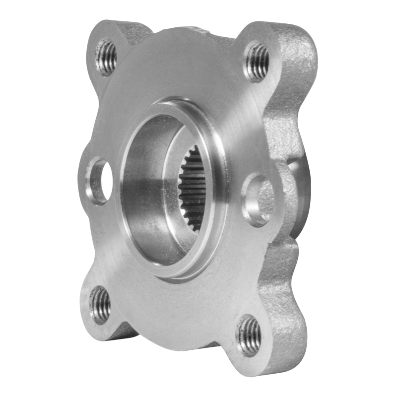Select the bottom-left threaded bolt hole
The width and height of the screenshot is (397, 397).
(x=101, y=304)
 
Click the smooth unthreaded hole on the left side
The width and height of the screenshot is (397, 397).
(x=99, y=181)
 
